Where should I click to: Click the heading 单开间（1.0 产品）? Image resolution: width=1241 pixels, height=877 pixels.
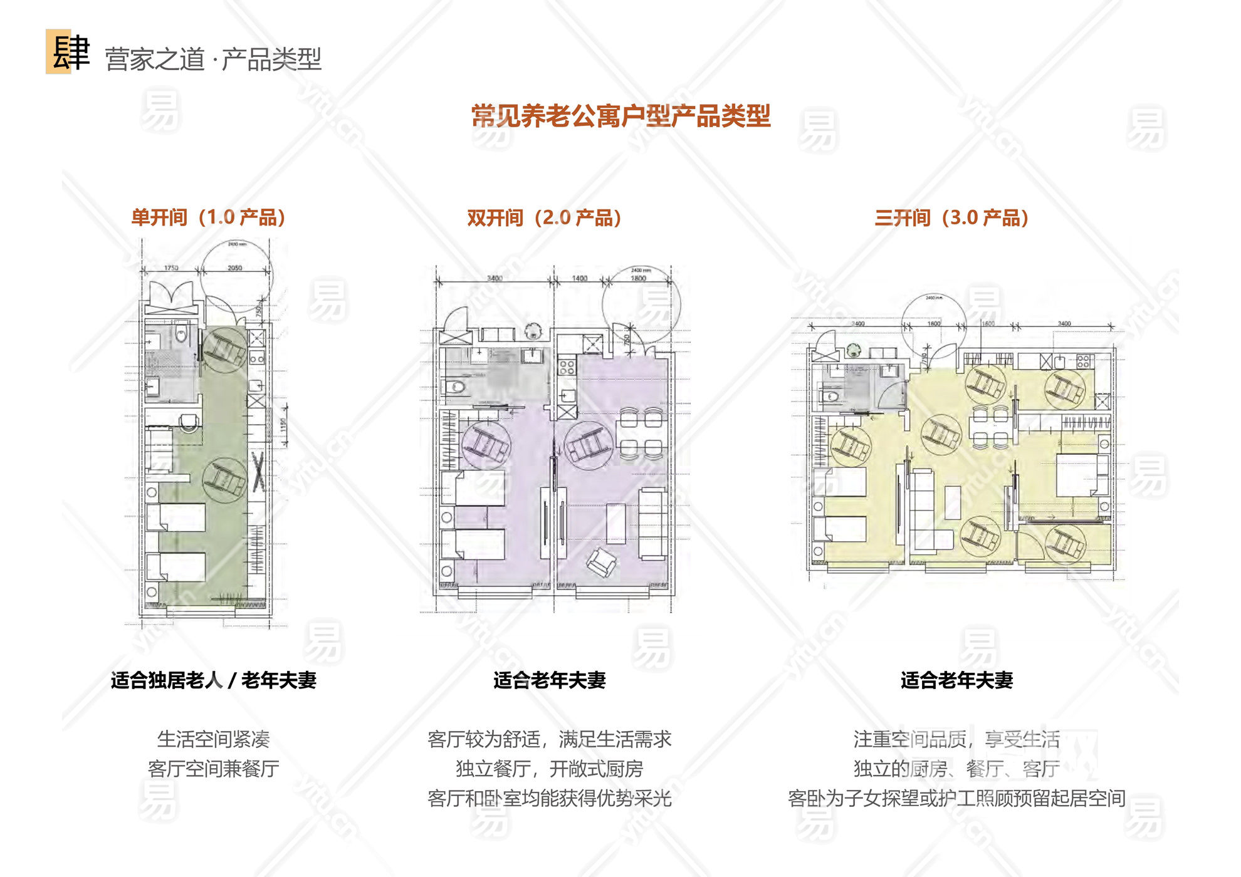[208, 217]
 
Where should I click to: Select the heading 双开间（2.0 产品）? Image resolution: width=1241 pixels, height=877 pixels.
[544, 217]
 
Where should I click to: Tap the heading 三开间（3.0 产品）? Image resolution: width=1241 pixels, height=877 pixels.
[951, 217]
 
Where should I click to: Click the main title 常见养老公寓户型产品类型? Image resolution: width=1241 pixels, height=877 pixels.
[620, 117]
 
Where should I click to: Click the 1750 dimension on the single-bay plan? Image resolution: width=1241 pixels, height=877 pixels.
[171, 267]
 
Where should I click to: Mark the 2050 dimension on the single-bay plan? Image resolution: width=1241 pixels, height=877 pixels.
[234, 267]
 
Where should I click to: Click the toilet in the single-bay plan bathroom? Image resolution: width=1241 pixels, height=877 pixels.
[181, 334]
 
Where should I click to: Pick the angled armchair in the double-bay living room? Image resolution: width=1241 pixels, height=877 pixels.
[601, 561]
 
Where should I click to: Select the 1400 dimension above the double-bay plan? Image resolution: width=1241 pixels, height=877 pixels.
[580, 278]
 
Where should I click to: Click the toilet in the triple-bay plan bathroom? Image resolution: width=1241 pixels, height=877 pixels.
[830, 396]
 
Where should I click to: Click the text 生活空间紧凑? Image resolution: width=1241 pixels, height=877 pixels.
[213, 739]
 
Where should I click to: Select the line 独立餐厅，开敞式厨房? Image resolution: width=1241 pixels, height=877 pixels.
[549, 769]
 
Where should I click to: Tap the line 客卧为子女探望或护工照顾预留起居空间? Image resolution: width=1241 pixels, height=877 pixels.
[956, 799]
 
